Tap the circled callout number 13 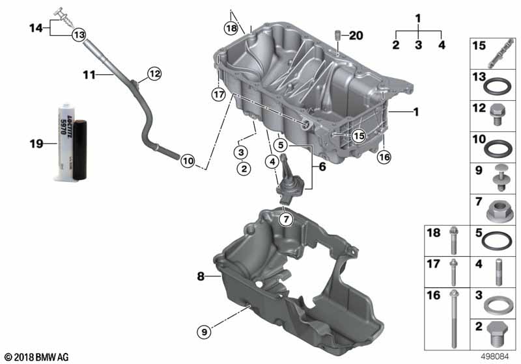[79, 34]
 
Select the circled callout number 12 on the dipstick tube [154, 73]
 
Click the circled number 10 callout [188, 161]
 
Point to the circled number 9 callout [204, 331]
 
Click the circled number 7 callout [286, 219]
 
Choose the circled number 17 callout [219, 95]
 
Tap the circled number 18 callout [231, 28]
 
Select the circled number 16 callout [384, 157]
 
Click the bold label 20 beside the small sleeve [356, 35]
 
